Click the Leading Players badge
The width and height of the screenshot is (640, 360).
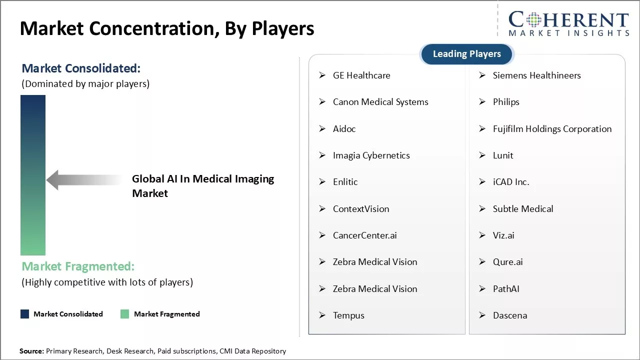(466, 54)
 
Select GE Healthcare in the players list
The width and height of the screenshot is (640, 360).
(361, 75)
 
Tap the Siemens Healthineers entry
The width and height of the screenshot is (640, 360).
(536, 75)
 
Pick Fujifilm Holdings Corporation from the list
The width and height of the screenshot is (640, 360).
(552, 129)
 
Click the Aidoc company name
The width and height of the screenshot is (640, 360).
(344, 129)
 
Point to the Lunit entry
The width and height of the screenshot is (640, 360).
(502, 155)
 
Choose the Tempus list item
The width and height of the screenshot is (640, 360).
(348, 315)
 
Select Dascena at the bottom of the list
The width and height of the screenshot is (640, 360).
(509, 315)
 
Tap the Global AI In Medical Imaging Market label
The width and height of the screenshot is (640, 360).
(202, 186)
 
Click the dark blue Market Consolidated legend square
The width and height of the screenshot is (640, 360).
(24, 314)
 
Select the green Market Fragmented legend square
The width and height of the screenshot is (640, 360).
(125, 314)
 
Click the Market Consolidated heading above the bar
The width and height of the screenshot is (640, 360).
(81, 68)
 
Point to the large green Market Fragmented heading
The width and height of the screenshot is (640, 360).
(78, 266)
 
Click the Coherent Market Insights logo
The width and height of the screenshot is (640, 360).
(568, 23)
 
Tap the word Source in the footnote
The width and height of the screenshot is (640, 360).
(31, 351)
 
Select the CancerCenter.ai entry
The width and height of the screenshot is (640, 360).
(364, 235)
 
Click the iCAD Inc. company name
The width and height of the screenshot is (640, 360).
(510, 182)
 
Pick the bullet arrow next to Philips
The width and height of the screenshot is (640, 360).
(482, 102)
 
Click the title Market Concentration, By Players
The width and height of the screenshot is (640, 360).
(167, 28)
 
